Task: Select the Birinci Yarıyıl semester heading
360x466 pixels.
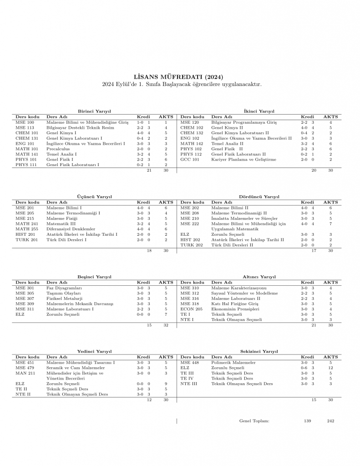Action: (x=95, y=111)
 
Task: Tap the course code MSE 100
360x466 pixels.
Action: (x=25, y=122)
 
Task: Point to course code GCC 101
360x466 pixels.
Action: (x=189, y=160)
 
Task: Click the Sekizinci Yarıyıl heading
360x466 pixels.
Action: (x=259, y=351)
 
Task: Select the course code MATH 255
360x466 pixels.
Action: (x=27, y=229)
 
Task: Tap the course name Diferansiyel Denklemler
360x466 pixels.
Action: (x=71, y=229)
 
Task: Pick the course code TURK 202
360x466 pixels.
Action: (x=192, y=245)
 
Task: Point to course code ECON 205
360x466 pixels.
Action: (x=191, y=309)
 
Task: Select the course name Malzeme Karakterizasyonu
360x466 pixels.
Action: (x=239, y=288)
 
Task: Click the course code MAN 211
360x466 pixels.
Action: (x=25, y=373)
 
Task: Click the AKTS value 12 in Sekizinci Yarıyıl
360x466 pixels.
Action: (x=331, y=368)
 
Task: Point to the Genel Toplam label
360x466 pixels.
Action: (x=254, y=421)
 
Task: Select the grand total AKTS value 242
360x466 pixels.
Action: (x=330, y=421)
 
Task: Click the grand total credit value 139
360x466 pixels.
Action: (x=308, y=421)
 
